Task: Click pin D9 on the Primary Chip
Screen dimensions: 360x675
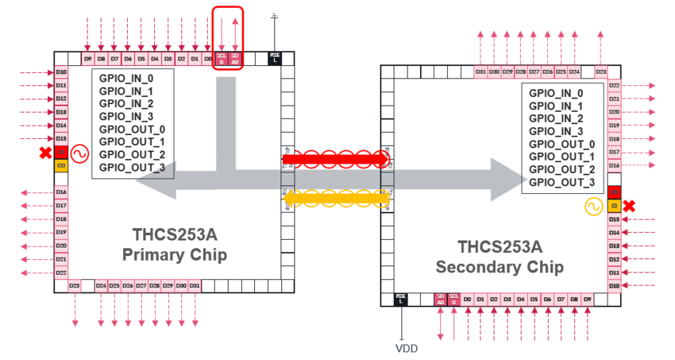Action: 88,59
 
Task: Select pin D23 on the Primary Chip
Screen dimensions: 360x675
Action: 75,285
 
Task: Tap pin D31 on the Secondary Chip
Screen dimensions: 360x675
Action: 480,72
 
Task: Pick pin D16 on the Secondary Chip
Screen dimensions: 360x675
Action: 614,165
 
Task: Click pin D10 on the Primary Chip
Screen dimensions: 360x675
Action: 61,72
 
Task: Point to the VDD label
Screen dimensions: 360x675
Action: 406,348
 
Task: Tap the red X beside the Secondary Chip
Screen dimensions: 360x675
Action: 629,206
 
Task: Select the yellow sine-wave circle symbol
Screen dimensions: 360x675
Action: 593,207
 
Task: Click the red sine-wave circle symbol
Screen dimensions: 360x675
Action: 79,153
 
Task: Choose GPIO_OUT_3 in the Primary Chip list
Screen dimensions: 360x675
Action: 132,167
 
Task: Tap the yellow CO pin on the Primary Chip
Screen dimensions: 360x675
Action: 61,165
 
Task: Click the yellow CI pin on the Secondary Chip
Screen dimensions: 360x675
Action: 614,206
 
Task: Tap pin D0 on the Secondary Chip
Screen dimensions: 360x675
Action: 468,299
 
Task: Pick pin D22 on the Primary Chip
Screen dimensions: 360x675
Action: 61,273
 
